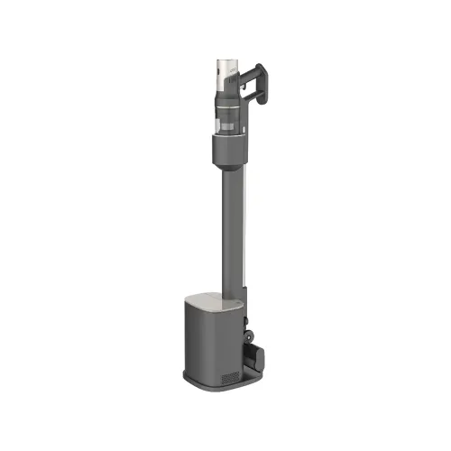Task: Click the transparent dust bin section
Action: coord(226,114)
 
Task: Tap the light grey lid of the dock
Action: coord(217,298)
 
